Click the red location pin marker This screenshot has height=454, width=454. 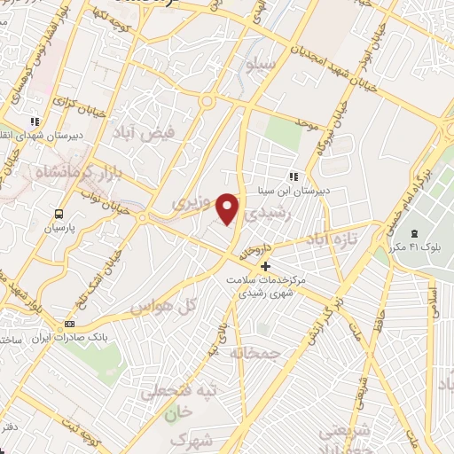pos(229,208)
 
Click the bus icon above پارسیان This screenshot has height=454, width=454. pos(59,214)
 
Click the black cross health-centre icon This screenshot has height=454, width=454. pos(265,266)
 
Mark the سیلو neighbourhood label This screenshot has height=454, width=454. pos(271,66)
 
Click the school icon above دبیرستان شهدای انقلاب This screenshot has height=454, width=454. pos(35,122)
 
